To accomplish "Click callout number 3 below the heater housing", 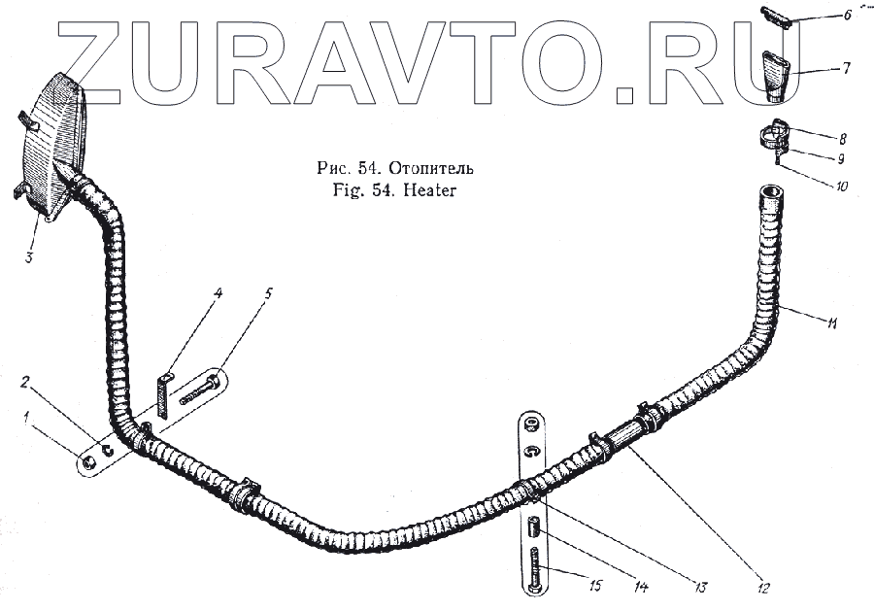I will pyautogui.click(x=29, y=257).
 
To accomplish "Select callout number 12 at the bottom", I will pyautogui.click(x=763, y=587).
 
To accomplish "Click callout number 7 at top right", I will pyautogui.click(x=846, y=70).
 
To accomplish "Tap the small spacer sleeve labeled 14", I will pyautogui.click(x=533, y=529).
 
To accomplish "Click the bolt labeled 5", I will pyautogui.click(x=199, y=395).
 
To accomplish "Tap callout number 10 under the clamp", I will pyautogui.click(x=842, y=186).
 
